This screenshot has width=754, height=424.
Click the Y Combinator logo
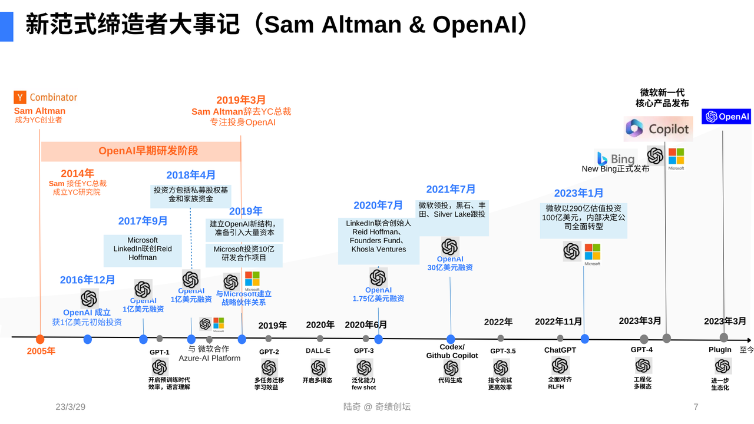(45, 98)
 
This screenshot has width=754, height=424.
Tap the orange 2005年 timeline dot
(40, 339)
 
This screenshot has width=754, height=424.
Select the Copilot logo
(657, 128)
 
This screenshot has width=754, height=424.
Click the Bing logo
(616, 158)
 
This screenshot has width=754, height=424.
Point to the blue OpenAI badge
(726, 117)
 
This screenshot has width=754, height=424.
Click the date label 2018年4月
(191, 175)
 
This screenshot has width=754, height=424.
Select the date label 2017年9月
(143, 221)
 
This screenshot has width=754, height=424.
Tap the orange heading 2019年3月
(241, 100)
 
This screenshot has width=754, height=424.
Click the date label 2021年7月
(451, 189)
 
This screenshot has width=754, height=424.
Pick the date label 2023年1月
(578, 193)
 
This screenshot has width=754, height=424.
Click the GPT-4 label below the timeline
(641, 349)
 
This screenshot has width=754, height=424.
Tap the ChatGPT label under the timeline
(560, 350)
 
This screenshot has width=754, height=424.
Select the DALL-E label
(318, 351)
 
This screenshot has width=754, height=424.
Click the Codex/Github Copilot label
(452, 352)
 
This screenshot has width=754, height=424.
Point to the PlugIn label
(720, 350)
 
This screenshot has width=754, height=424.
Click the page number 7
(696, 407)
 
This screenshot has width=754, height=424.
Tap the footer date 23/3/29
(71, 407)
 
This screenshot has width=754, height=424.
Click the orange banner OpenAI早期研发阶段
(148, 151)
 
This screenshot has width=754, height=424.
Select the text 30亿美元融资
(450, 267)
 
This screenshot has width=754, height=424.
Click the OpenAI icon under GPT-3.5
(501, 367)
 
